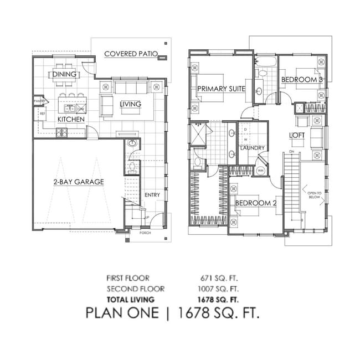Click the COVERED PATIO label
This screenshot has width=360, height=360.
(131, 54)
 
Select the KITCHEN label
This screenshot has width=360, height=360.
(71, 119)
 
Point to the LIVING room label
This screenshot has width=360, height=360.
(130, 104)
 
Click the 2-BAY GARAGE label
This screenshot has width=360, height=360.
(79, 181)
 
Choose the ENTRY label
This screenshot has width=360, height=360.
(152, 195)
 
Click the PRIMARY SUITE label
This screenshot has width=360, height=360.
(221, 88)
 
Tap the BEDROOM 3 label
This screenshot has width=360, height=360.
(302, 80)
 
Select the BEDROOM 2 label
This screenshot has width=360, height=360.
(256, 203)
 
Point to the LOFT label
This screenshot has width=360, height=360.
(297, 135)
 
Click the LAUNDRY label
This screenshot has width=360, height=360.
(252, 148)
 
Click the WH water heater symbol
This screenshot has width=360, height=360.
(261, 170)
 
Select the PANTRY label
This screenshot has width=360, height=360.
(39, 101)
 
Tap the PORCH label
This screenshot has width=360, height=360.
(145, 233)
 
